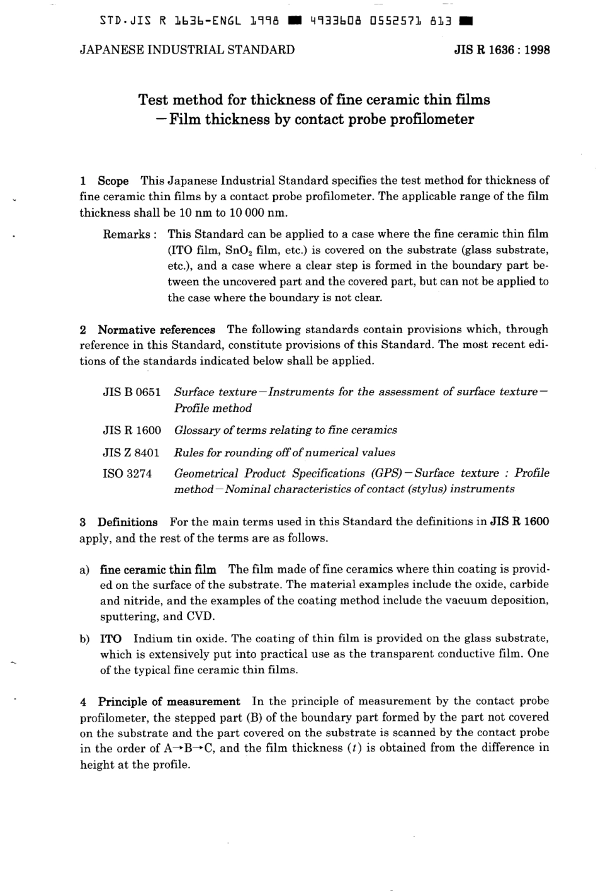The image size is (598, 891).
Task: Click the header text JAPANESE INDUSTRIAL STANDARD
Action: pos(187,50)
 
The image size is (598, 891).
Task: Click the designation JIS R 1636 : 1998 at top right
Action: pos(502,50)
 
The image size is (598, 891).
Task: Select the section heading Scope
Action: pos(113,181)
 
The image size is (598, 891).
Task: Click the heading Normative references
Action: pos(156,329)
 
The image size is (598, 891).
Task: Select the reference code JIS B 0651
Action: pos(132,392)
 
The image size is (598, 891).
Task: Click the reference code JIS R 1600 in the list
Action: pos(132,430)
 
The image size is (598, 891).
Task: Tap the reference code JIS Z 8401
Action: pos(131,452)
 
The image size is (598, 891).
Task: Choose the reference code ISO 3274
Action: pos(127,474)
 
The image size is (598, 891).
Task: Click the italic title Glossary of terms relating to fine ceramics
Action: pos(285,430)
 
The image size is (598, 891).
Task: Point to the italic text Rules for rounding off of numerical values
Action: pos(285,452)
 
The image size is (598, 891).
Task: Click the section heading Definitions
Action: pos(127,522)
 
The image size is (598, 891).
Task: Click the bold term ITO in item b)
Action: pos(111,638)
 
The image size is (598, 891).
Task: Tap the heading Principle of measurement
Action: pos(169,701)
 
